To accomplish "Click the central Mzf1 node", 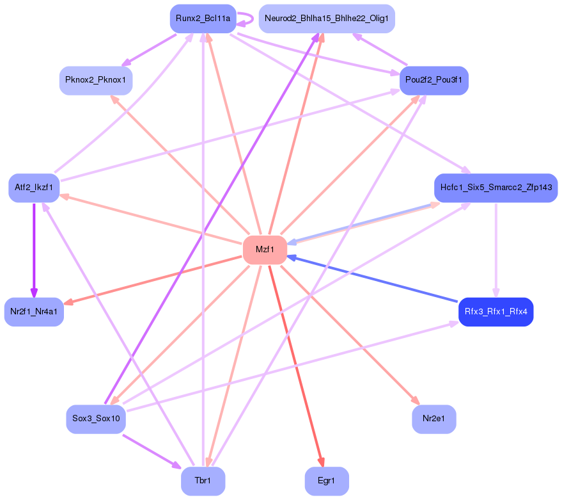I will [x=265, y=250].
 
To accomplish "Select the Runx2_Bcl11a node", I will [x=203, y=19].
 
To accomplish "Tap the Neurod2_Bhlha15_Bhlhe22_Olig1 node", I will [x=327, y=19].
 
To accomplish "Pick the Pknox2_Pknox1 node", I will [x=96, y=81].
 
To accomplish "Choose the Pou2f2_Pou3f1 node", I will [x=435, y=81].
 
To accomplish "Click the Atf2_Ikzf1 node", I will [x=34, y=188].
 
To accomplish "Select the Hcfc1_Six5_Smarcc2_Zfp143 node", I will [x=496, y=188].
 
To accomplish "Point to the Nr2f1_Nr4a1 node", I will [x=34, y=312].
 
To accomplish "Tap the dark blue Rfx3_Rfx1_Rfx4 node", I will [x=496, y=312].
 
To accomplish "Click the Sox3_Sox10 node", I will [x=96, y=419].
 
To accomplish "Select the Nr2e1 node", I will [x=434, y=419].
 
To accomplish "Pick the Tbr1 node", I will [x=203, y=481].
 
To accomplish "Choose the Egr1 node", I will [x=327, y=481].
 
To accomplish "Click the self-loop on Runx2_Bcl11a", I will [x=249, y=19].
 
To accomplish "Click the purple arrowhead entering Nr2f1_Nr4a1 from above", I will [x=34, y=293].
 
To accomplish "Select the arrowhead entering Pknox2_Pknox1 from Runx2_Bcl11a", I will [x=126, y=63].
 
